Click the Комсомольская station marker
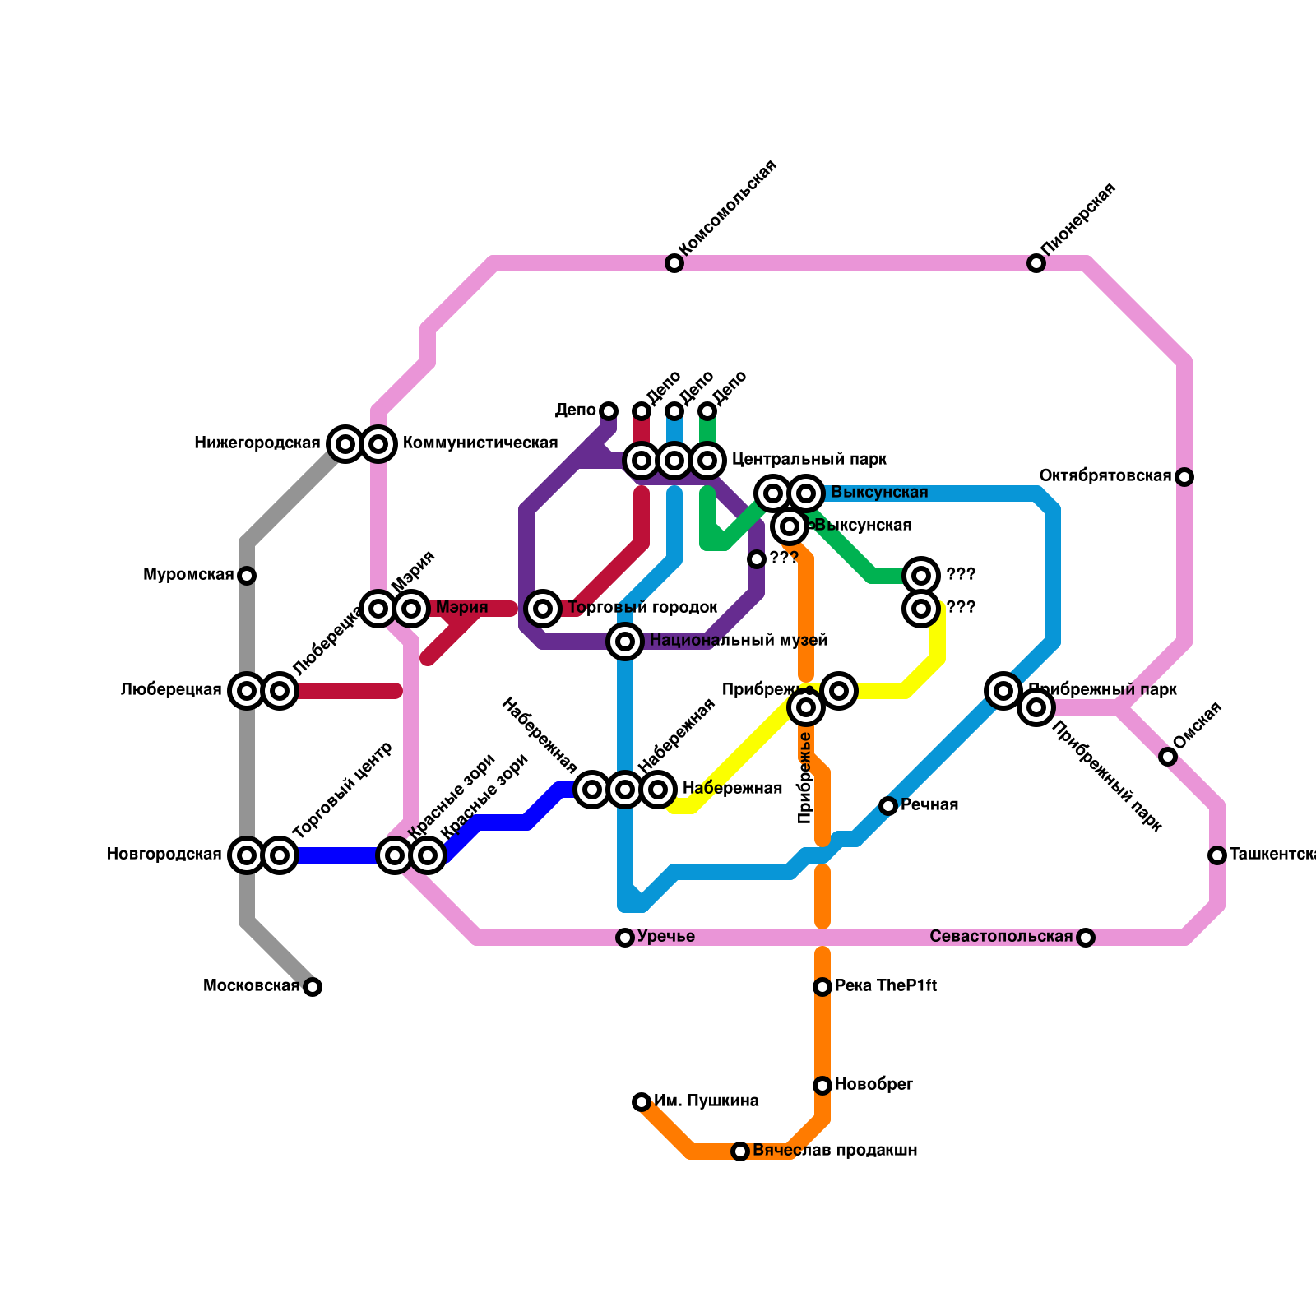[674, 263]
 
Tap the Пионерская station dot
[1036, 263]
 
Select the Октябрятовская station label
[1105, 476]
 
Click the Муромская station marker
[247, 576]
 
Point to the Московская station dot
[313, 987]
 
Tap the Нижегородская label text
[257, 443]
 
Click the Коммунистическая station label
[480, 443]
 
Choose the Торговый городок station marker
[543, 609]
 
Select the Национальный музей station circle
[625, 642]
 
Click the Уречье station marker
[625, 938]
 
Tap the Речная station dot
[888, 806]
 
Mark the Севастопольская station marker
[1086, 938]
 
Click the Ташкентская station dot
[1217, 855]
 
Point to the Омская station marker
[1168, 757]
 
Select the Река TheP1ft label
[886, 986]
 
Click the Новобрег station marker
[822, 1086]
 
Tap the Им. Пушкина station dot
[642, 1102]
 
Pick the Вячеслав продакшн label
[835, 1151]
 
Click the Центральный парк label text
[809, 459]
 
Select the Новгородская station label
[164, 855]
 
